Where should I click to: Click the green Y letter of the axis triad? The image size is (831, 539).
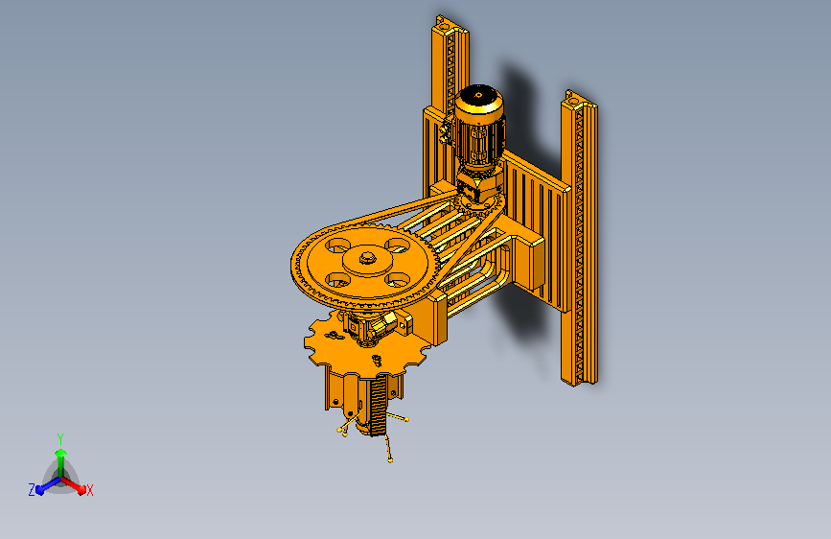[x=59, y=437]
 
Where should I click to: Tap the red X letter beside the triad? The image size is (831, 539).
[x=90, y=490]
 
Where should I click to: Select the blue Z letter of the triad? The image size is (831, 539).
[x=32, y=489]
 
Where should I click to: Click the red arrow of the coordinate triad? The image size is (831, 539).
[x=77, y=484]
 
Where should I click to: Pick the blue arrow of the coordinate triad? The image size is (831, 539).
[x=44, y=486]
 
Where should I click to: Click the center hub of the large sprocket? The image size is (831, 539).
[x=366, y=258]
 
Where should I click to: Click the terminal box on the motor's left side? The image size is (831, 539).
[x=447, y=129]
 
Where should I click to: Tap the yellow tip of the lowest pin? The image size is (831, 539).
[x=390, y=460]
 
